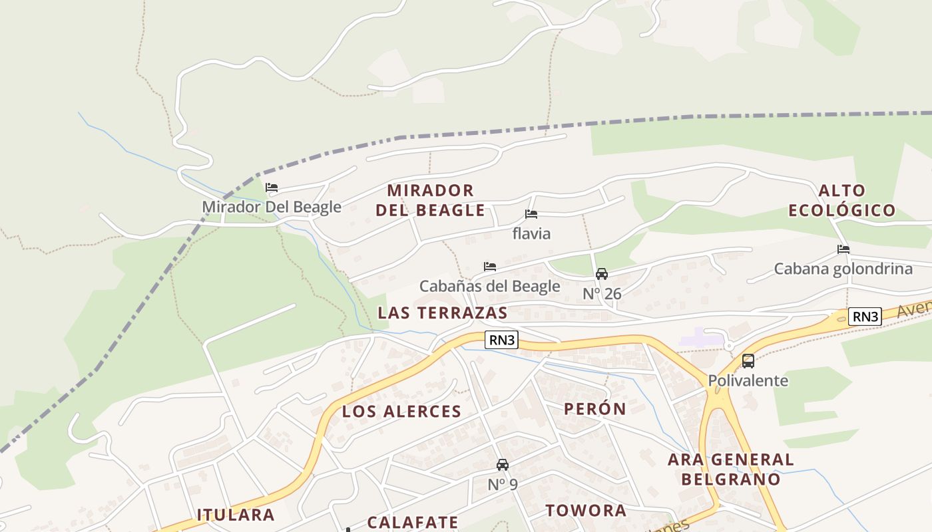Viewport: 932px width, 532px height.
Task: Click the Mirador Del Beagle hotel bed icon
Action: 272,188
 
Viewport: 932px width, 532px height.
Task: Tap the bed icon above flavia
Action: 531,214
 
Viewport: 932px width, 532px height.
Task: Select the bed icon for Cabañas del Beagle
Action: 490,267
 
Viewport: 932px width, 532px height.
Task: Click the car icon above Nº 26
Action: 602,274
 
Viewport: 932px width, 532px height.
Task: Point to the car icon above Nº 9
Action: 503,465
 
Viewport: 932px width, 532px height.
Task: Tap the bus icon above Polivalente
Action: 748,361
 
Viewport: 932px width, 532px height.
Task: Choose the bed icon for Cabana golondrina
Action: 843,249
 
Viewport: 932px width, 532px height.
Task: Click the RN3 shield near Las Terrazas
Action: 501,340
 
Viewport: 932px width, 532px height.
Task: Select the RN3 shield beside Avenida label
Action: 865,317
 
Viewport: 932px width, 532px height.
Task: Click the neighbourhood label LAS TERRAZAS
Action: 442,313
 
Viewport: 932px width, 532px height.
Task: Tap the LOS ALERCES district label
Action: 401,412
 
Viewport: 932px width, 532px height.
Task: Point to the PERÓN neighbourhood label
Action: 595,409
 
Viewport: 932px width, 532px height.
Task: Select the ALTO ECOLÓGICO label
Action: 842,201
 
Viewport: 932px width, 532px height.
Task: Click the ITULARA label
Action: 236,515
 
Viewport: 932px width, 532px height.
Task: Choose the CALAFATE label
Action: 413,523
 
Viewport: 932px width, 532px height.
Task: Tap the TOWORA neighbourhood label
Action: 586,511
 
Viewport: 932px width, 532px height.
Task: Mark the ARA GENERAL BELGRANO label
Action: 731,469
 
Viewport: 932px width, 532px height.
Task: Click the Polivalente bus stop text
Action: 748,381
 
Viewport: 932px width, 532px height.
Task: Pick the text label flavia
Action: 531,233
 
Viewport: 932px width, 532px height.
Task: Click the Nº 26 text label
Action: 602,293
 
